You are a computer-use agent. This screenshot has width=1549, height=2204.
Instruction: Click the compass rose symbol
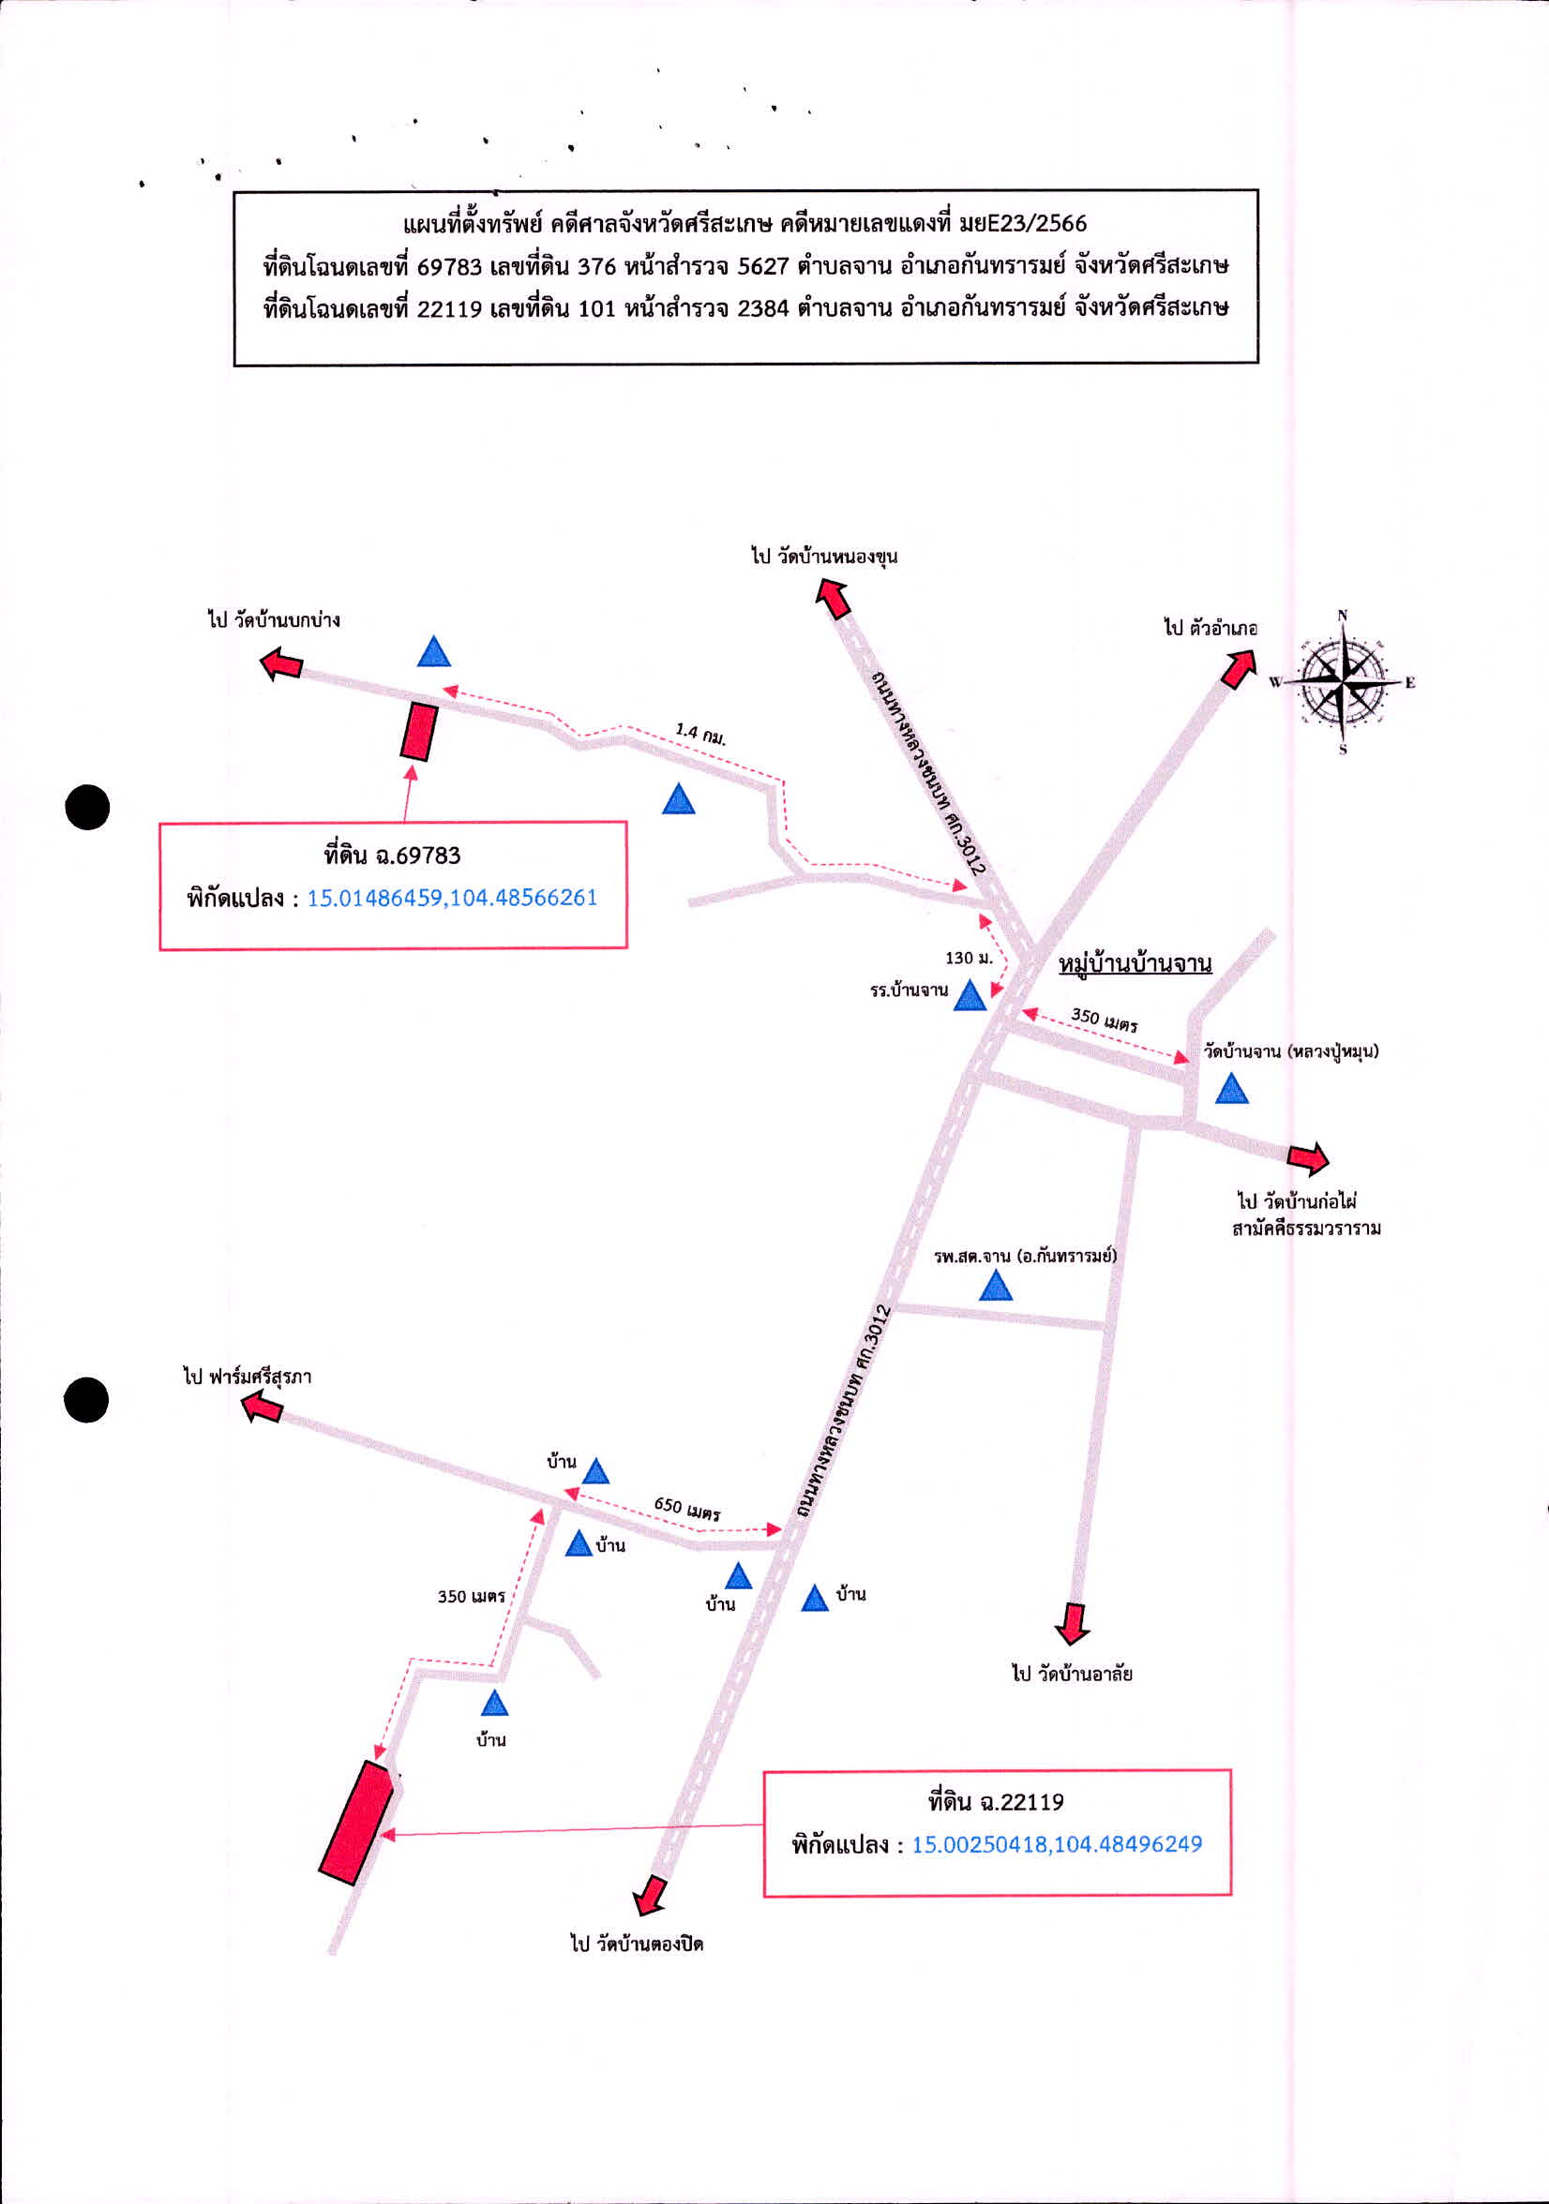pos(1343,681)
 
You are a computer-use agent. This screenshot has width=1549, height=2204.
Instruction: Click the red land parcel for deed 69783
pos(419,732)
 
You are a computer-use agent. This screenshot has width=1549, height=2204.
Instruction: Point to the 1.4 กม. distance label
pos(700,735)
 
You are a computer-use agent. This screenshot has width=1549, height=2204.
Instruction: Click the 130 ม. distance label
pos(969,957)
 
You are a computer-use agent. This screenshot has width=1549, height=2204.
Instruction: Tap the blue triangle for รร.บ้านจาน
pos(970,996)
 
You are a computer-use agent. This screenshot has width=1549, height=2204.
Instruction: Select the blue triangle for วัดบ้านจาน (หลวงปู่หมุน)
pos(1231,1090)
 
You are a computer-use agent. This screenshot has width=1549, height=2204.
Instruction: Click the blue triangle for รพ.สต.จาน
pos(996,1286)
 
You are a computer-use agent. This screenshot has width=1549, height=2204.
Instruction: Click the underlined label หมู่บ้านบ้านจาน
pos(1135,962)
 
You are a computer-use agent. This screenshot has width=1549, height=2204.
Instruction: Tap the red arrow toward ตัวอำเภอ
pos(1239,668)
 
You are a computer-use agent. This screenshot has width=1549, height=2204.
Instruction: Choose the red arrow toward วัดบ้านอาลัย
pos(1072,1622)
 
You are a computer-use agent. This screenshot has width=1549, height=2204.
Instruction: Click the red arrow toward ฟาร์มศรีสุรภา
pos(262,1407)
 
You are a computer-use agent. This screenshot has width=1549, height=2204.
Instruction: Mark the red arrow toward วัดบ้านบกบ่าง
pos(282,663)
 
